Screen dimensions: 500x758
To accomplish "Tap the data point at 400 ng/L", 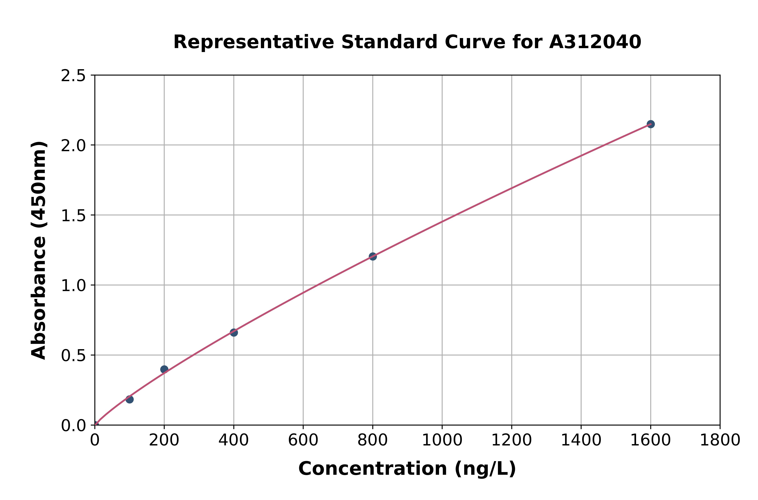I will pyautogui.click(x=233, y=333).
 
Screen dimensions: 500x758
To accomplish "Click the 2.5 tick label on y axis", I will pyautogui.click(x=73, y=76).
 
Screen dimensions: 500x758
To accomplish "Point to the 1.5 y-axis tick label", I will pyautogui.click(x=73, y=215).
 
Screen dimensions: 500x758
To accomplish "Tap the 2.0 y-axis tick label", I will pyautogui.click(x=73, y=146).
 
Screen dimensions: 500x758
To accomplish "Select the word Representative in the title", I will pyautogui.click(x=254, y=42).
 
